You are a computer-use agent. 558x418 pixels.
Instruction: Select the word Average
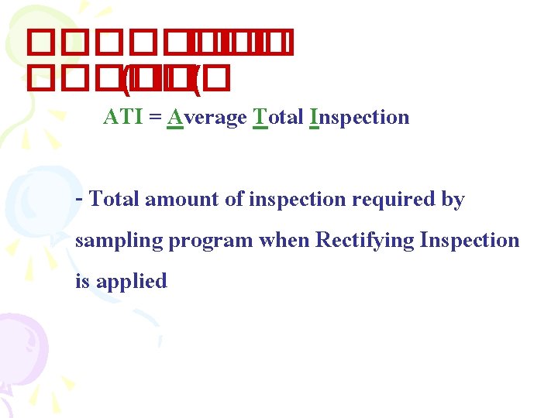(x=207, y=118)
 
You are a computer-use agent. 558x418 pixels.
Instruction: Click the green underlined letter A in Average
(x=174, y=118)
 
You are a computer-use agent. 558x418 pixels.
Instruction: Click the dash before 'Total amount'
(x=80, y=198)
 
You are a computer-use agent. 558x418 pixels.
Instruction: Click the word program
(x=211, y=241)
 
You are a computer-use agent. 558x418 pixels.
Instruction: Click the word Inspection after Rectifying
(x=470, y=240)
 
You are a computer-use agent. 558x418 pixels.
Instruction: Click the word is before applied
(x=81, y=281)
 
